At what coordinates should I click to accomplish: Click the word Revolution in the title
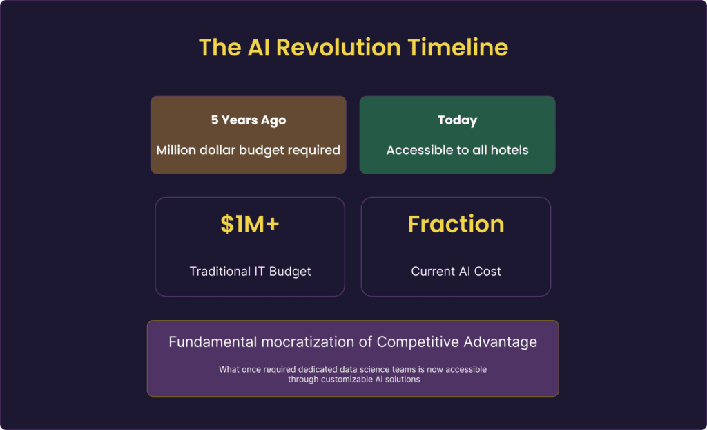(338, 48)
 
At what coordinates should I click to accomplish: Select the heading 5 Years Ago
(249, 120)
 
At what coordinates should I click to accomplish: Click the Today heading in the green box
(457, 120)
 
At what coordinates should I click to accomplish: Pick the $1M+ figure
(250, 225)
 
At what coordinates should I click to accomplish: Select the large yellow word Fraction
(456, 225)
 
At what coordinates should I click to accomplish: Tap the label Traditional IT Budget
(250, 272)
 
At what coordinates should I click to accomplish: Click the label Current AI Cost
(456, 272)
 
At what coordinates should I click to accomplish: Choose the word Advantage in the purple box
(500, 342)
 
